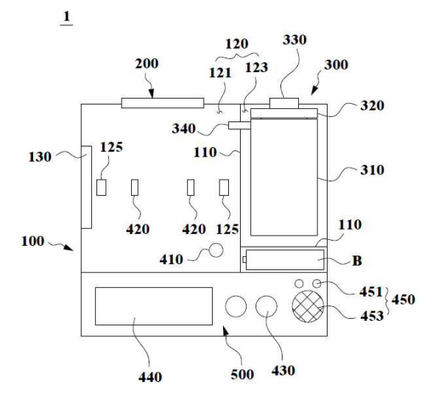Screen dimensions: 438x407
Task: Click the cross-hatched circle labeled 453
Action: coord(308,306)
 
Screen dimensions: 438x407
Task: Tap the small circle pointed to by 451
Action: coord(317,284)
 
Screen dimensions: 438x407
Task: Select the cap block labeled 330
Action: coord(284,103)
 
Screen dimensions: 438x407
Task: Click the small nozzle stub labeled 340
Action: coord(239,125)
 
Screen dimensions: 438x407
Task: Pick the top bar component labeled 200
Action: coord(163,103)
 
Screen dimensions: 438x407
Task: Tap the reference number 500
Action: coord(242,375)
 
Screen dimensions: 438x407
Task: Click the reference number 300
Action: coord(336,65)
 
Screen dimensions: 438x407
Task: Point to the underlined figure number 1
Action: coord(66,17)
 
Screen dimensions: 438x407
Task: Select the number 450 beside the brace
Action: coord(403,300)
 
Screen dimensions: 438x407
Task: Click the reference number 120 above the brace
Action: coord(236,44)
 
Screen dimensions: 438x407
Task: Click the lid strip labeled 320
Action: coord(284,113)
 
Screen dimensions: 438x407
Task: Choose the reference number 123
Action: coord(256,67)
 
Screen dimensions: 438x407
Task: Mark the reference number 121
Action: coord(220,73)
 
